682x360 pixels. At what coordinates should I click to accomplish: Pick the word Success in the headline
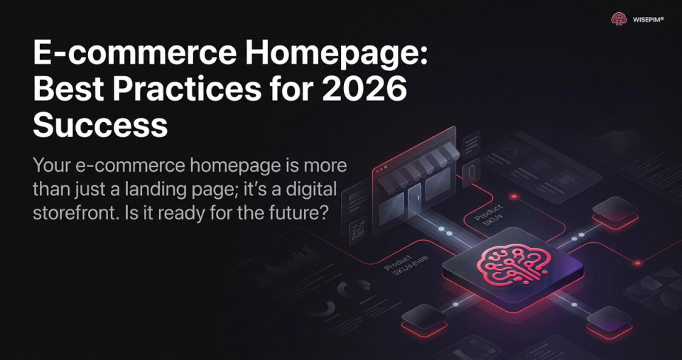100,126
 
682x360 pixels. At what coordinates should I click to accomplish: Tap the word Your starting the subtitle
55,166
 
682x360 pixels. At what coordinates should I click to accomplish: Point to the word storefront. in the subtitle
80,213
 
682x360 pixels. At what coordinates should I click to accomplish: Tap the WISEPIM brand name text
648,20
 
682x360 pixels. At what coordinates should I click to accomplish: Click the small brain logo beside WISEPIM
619,19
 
